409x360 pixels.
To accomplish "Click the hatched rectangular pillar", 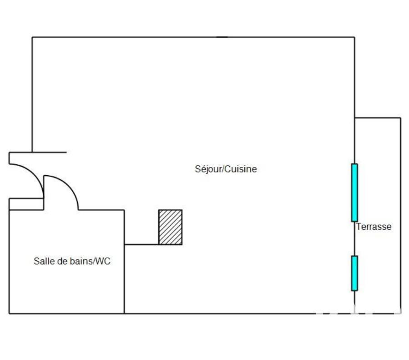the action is pos(170,227).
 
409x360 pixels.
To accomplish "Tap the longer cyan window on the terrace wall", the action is pos(354,193).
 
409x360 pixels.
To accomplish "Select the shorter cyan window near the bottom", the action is pos(354,273).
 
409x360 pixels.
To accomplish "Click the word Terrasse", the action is pos(374,227).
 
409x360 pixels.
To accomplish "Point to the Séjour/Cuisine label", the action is pos(226,169).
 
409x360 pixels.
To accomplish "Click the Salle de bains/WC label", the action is pos(72,261).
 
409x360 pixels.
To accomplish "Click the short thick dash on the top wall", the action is pos(222,37).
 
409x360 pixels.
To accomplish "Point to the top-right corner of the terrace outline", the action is pos(401,118).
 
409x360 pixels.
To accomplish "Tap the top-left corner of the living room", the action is pos(32,37).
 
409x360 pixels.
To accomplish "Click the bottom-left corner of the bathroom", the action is pos(10,313).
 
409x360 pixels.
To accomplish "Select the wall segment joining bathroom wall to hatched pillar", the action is pos(141,244).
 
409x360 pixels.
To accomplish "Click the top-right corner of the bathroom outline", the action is pos(124,210).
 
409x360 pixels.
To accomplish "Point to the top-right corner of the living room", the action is pos(354,37).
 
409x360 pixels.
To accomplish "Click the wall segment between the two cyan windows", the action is pos(354,238).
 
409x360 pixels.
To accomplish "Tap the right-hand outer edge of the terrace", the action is pos(401,215).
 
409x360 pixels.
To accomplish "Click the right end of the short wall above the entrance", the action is pos(66,152).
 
